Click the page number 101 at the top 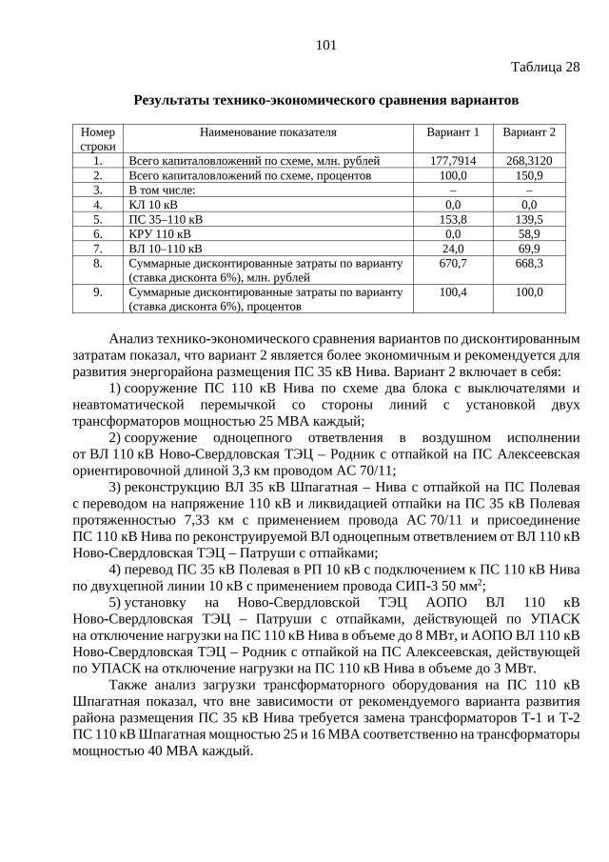coord(325,45)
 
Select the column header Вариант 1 coord(453,132)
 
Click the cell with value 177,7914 coord(453,161)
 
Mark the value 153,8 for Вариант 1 coord(453,218)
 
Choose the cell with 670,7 coord(453,263)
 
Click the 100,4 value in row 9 coord(453,291)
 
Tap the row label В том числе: coord(163,190)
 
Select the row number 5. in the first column coord(97,218)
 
